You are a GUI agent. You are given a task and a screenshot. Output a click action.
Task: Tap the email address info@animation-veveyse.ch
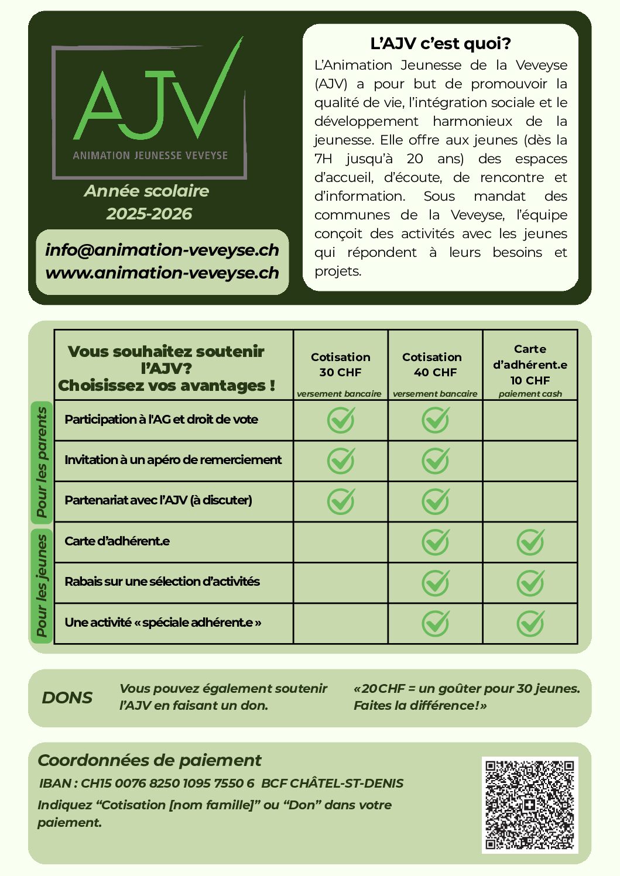click(162, 250)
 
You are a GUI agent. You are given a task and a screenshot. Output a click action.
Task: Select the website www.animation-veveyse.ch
click(162, 273)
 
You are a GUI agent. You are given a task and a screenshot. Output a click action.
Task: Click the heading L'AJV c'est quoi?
click(440, 43)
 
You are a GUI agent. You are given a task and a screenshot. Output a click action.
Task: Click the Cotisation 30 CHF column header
click(340, 365)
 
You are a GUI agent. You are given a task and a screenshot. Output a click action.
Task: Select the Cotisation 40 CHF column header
click(434, 365)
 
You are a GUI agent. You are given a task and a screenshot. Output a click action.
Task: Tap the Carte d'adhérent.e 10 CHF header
click(530, 365)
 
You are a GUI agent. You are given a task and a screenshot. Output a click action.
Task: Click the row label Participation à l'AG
click(161, 420)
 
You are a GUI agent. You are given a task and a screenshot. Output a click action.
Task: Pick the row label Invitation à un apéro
click(173, 460)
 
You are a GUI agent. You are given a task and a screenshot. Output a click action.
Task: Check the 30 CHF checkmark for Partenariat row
click(341, 501)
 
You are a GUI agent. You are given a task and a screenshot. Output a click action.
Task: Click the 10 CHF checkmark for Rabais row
click(530, 582)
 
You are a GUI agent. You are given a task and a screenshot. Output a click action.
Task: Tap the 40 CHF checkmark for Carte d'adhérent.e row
click(436, 542)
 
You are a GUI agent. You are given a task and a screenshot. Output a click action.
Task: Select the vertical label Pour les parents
click(42, 462)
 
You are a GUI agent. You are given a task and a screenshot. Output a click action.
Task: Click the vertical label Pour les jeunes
click(42, 585)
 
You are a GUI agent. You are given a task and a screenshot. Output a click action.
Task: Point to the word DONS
click(67, 698)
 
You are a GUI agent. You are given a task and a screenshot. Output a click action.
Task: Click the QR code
click(529, 804)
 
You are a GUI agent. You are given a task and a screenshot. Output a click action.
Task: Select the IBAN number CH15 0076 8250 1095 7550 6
click(167, 784)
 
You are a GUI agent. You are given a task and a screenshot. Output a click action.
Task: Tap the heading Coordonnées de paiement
click(149, 761)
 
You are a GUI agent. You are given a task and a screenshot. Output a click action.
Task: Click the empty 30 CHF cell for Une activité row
click(341, 623)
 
